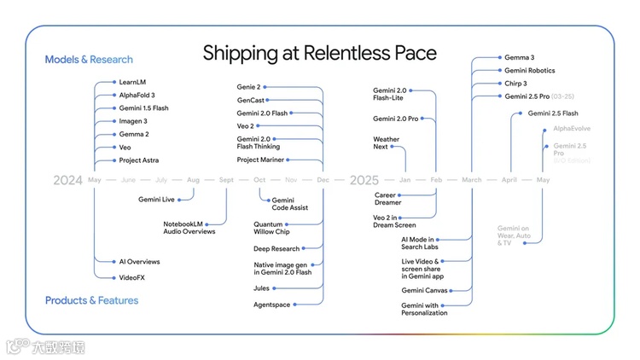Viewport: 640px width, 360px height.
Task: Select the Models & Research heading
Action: pyautogui.click(x=89, y=60)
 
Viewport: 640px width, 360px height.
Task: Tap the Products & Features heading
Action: pyautogui.click(x=91, y=300)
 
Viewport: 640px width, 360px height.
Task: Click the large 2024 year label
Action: pyautogui.click(x=67, y=180)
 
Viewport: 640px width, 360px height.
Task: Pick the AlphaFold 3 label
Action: pyautogui.click(x=137, y=95)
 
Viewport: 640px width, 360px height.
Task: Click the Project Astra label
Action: pyautogui.click(x=139, y=160)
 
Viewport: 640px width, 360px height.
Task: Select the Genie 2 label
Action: pyautogui.click(x=248, y=87)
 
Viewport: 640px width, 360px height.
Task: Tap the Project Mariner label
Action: pyautogui.click(x=260, y=160)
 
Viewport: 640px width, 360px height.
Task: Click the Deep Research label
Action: pyautogui.click(x=276, y=248)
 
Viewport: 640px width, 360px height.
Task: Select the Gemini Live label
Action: pyautogui.click(x=156, y=199)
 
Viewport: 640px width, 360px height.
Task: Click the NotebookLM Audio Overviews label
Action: pyautogui.click(x=189, y=227)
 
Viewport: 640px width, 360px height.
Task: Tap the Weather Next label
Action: pyautogui.click(x=386, y=142)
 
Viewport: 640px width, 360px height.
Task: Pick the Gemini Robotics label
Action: pyautogui.click(x=529, y=70)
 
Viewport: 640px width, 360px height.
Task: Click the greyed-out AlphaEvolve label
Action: pyautogui.click(x=571, y=128)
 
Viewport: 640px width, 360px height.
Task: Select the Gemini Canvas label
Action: pyautogui.click(x=425, y=290)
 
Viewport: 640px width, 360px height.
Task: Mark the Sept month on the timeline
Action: pyautogui.click(x=226, y=180)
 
